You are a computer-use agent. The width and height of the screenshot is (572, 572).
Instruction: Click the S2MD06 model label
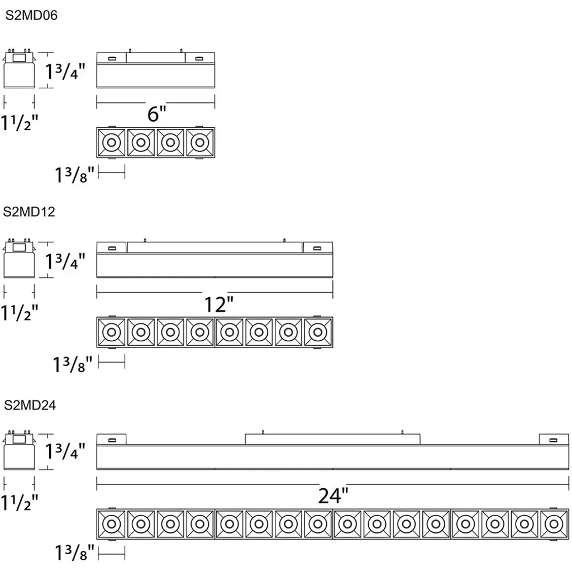[31, 15]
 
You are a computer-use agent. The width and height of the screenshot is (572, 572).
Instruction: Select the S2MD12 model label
[29, 212]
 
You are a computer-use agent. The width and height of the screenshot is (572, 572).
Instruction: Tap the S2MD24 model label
[30, 406]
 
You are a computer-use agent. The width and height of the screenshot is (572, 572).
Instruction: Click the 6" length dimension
[157, 113]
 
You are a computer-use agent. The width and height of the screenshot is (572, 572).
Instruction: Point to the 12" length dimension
[218, 304]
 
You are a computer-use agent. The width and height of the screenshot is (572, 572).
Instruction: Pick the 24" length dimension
[333, 496]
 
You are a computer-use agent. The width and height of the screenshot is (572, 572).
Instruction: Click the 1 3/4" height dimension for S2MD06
[65, 71]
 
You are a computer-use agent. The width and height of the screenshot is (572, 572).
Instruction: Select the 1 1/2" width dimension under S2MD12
[20, 313]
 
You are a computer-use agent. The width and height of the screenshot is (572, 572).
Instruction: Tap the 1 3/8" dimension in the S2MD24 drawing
[74, 552]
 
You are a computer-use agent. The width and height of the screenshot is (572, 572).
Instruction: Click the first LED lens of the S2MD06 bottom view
[112, 142]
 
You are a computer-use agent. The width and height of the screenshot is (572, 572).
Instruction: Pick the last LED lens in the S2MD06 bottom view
[200, 142]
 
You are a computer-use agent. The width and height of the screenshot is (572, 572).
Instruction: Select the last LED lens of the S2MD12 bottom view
[318, 332]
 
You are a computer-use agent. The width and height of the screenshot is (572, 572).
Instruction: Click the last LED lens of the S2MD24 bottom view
[554, 524]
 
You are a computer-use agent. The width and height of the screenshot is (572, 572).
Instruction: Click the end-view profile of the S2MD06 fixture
[20, 69]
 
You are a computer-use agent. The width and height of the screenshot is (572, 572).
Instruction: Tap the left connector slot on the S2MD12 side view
[112, 249]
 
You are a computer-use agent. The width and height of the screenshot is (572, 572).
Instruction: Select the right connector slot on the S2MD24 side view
[554, 440]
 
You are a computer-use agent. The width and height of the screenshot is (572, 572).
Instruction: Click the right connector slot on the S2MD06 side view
[199, 58]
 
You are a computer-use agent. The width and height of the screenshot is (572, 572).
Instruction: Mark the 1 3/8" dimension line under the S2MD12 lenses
[112, 362]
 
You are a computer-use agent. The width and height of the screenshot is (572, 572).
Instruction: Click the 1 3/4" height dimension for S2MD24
[65, 451]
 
